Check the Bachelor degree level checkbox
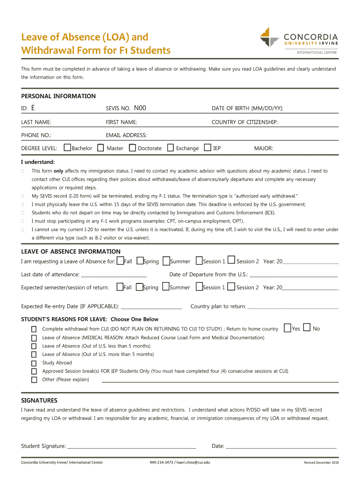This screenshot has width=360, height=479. pos(67,148)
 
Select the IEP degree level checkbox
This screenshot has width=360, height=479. pos(208,148)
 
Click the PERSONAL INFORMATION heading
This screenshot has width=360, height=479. pos(58,96)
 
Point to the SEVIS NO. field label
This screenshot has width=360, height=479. pos(118,109)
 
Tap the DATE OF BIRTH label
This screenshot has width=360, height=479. pos(247,109)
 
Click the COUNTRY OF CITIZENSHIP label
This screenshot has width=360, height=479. pos(245,122)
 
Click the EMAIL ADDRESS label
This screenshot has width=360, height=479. pos(126,135)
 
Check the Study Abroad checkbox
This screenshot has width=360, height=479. pos(34,363)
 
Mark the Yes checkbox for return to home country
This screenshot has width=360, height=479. pos(288,328)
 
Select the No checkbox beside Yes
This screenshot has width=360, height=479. pos(307,328)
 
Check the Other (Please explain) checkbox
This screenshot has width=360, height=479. pos(34,380)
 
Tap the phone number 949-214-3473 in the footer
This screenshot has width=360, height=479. pos(161,463)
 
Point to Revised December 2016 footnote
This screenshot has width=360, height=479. pos(321,463)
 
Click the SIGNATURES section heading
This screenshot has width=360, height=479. pos(39,401)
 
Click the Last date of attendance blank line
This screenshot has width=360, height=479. pos(114,275)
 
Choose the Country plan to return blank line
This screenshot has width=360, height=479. pos(292,307)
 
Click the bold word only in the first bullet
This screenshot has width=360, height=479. pos(58,171)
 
